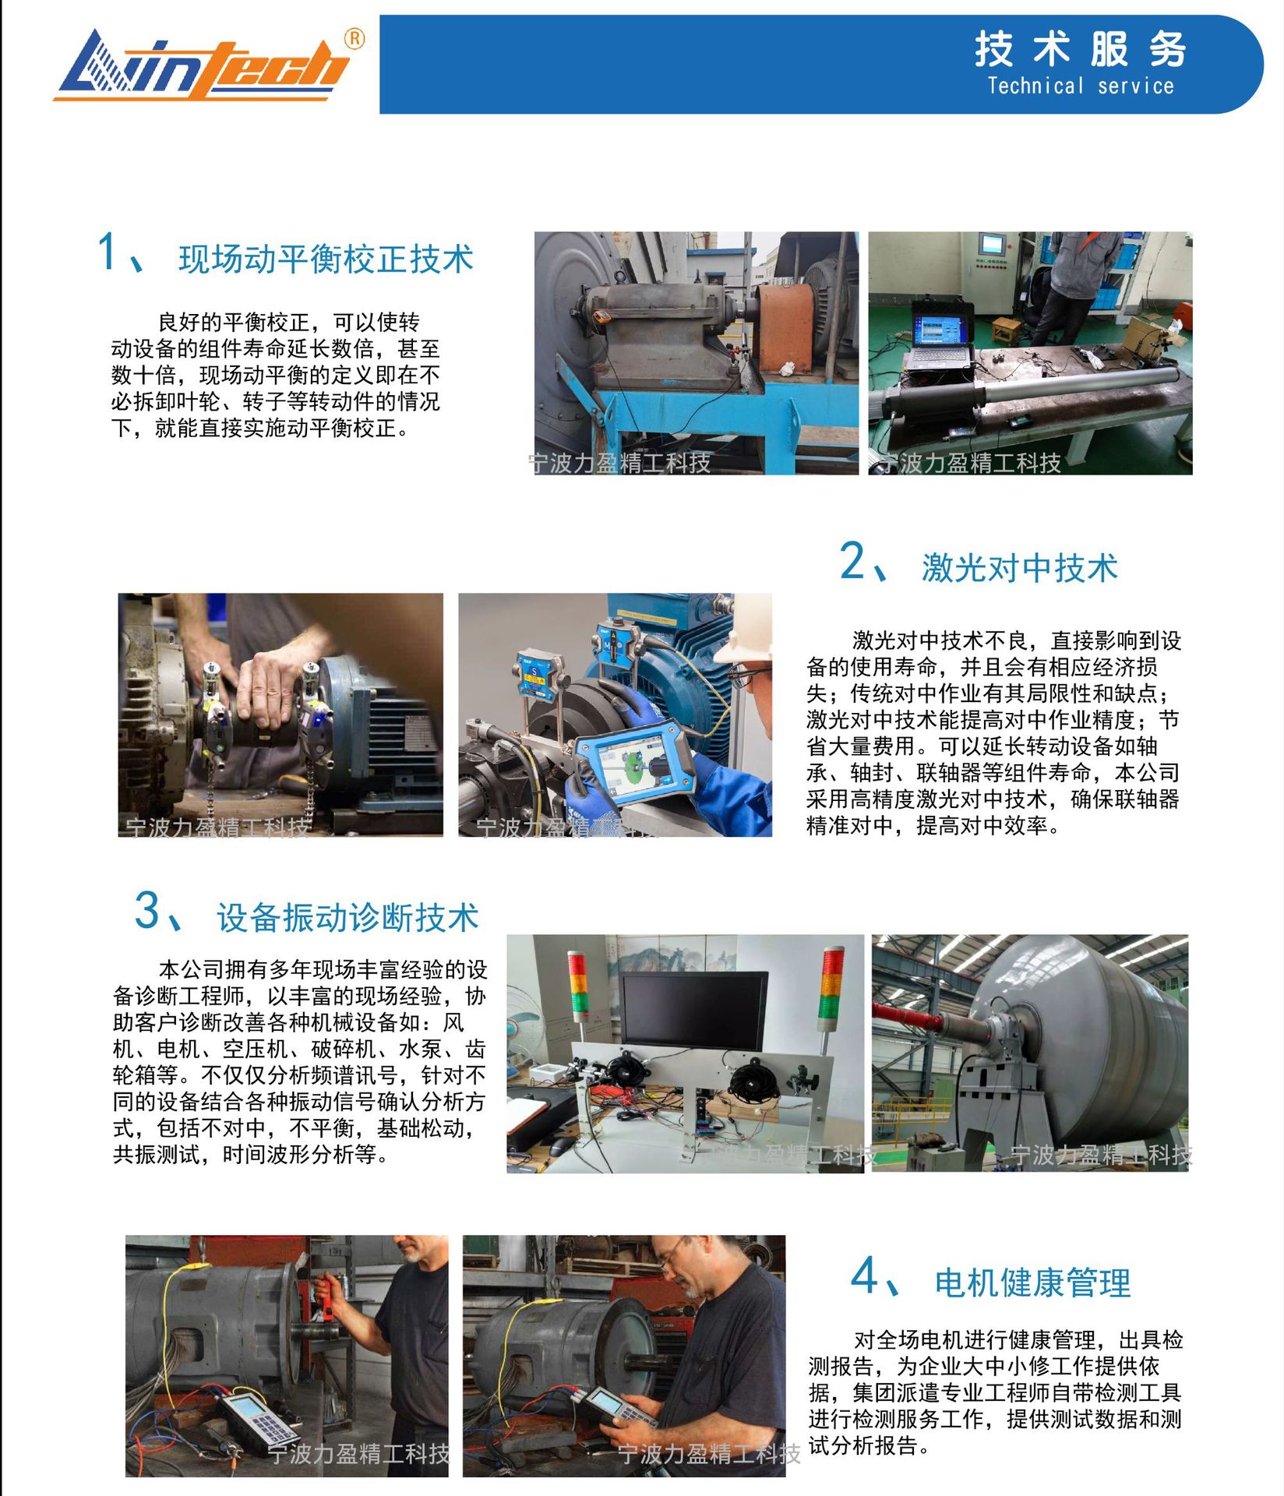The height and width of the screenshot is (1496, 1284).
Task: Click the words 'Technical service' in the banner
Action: pyautogui.click(x=1080, y=86)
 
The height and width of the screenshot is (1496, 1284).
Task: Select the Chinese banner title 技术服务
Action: pyautogui.click(x=1080, y=48)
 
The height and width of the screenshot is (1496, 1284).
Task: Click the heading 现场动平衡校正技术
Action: pyautogui.click(x=326, y=259)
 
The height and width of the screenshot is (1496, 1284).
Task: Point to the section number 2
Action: pyautogui.click(x=852, y=561)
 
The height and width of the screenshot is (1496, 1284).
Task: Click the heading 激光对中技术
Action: pyautogui.click(x=1019, y=567)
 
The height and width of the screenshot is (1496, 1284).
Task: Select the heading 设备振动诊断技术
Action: pyautogui.click(x=347, y=917)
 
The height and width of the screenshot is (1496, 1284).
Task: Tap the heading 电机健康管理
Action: pyautogui.click(x=1032, y=1282)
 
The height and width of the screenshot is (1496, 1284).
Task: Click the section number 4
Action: pyautogui.click(x=864, y=1276)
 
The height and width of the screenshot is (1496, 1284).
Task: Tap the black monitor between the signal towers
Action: pyautogui.click(x=693, y=1011)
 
